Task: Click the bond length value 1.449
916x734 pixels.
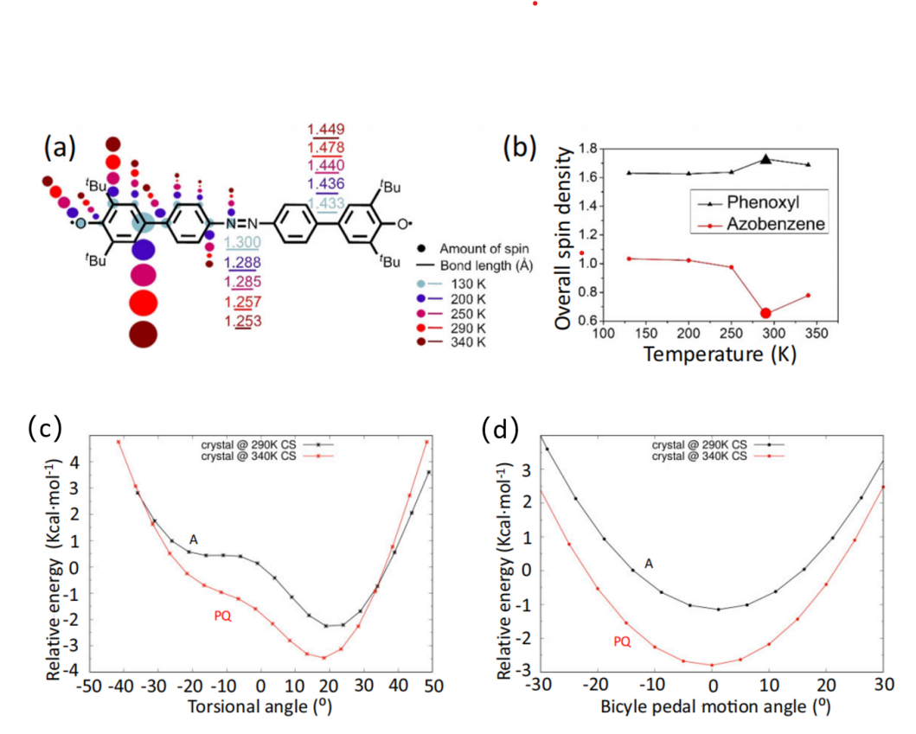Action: click(x=326, y=130)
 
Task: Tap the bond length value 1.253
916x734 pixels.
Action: click(x=243, y=322)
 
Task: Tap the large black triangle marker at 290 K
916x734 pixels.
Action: click(x=765, y=159)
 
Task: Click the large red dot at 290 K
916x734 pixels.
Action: click(x=765, y=313)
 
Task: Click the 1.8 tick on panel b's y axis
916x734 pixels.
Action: click(x=589, y=148)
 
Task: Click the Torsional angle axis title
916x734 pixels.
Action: click(x=260, y=706)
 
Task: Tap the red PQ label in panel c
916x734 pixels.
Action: click(x=223, y=616)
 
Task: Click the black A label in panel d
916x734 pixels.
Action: click(x=649, y=564)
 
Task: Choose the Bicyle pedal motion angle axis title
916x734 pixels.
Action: click(x=713, y=706)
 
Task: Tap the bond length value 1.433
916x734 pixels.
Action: click(x=326, y=203)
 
